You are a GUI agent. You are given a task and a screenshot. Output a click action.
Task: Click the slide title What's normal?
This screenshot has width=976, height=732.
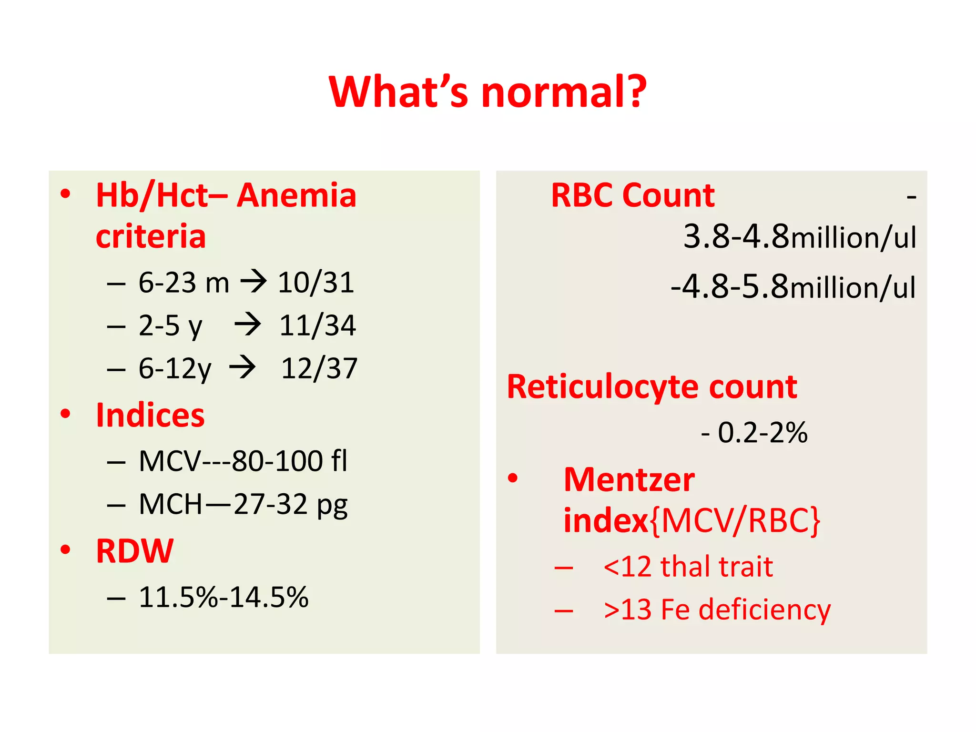click(488, 91)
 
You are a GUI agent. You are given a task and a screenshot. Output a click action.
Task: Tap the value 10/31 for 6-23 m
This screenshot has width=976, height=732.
click(316, 283)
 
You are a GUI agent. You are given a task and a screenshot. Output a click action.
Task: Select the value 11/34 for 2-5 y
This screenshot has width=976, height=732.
click(317, 325)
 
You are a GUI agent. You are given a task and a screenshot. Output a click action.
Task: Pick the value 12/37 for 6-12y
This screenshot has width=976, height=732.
click(319, 368)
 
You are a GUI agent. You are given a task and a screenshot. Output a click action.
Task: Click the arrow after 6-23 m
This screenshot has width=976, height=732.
click(253, 281)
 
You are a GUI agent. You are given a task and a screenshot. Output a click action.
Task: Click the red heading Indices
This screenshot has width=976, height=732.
click(150, 415)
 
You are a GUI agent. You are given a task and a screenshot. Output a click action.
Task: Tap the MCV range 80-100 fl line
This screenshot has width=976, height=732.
click(243, 461)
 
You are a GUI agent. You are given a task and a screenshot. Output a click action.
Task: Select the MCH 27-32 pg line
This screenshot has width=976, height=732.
click(243, 504)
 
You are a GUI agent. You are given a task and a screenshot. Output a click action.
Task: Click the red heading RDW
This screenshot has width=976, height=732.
click(135, 551)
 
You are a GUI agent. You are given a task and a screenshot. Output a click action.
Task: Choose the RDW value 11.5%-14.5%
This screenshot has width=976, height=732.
click(224, 597)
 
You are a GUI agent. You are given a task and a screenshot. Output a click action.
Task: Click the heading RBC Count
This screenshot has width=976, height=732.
click(632, 195)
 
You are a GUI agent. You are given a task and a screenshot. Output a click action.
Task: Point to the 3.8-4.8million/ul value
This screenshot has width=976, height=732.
click(799, 236)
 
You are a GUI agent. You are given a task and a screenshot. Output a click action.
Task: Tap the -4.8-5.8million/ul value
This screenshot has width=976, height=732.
click(793, 287)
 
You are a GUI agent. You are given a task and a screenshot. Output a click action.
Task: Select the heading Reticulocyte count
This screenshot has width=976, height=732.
click(651, 386)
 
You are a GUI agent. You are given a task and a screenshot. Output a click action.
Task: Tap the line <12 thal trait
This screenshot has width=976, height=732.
click(688, 567)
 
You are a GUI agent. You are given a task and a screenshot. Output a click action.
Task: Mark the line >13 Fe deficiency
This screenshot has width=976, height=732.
click(716, 610)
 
